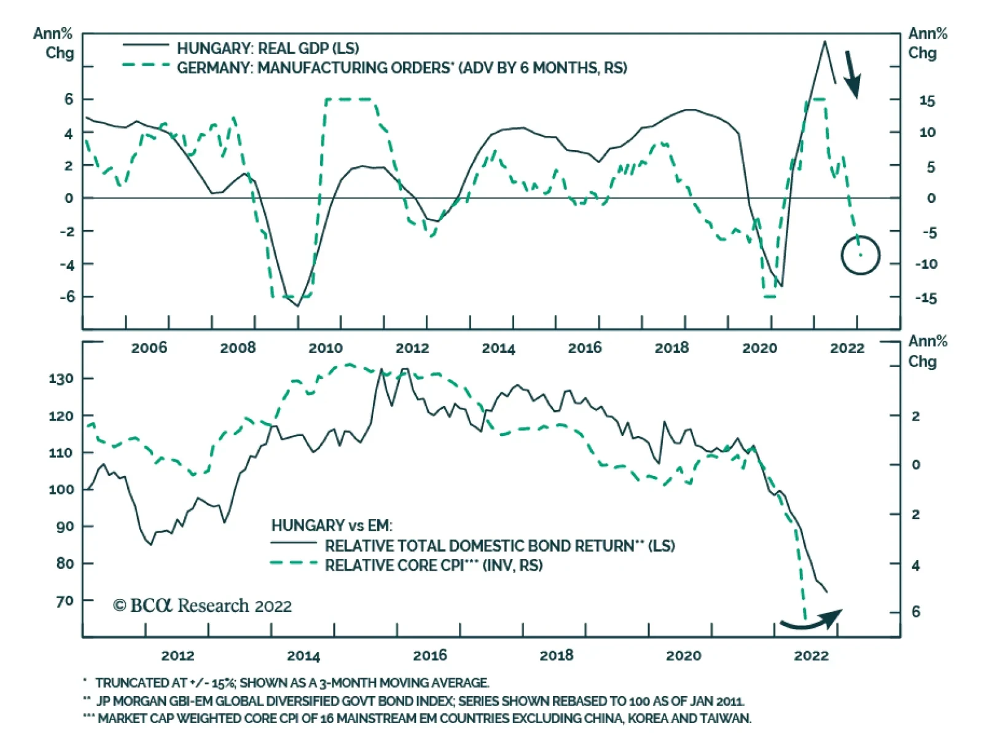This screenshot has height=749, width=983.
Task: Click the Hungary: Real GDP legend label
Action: [x=267, y=48]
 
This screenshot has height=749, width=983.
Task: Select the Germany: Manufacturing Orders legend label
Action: [x=402, y=68]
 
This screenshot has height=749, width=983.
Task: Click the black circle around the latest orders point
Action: [x=860, y=255]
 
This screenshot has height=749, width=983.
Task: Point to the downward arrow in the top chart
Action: [x=852, y=74]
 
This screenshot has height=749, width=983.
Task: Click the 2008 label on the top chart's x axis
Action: [x=238, y=348]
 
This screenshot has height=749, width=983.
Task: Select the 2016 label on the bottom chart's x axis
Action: [x=430, y=656]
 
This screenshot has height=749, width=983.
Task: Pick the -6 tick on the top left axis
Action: [x=67, y=296]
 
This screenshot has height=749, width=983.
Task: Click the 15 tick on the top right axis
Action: [x=926, y=100]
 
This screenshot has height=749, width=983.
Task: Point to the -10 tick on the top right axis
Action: [x=926, y=264]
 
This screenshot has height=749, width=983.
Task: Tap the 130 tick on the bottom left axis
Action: [x=61, y=379]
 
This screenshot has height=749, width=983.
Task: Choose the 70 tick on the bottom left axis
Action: [x=65, y=601]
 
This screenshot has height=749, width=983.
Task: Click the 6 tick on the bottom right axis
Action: [x=915, y=612]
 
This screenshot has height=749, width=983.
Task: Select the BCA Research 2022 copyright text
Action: [x=202, y=606]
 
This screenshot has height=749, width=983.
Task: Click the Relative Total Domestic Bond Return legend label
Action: [x=499, y=546]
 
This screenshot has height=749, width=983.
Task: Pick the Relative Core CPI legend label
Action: [x=433, y=566]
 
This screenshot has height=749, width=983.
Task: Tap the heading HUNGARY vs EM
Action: [x=331, y=526]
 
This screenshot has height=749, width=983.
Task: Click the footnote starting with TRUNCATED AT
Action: [x=292, y=683]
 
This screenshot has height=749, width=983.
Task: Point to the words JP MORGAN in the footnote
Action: [x=127, y=701]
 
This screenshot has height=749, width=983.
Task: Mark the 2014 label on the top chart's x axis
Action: [x=498, y=348]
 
